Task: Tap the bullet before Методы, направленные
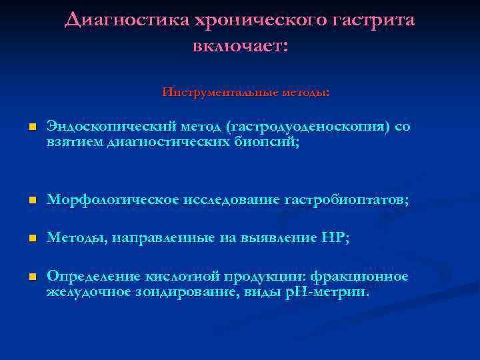31,237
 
